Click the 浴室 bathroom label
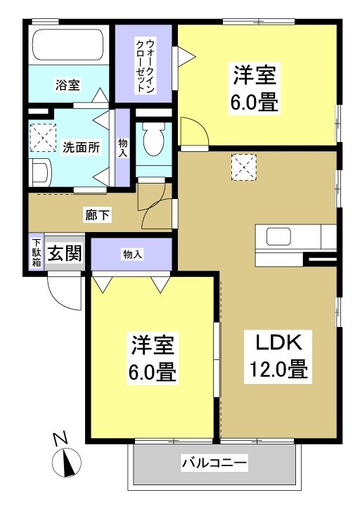(67, 85)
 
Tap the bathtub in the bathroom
(68, 45)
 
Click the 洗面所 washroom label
(81, 148)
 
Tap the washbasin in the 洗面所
(40, 173)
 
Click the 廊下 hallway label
(97, 215)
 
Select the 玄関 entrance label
(65, 253)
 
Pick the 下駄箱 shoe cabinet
(37, 252)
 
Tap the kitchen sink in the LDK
(278, 236)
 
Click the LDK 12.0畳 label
(278, 357)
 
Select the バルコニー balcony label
(214, 463)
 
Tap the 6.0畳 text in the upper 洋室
(255, 103)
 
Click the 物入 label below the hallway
(132, 255)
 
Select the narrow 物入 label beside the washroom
(123, 148)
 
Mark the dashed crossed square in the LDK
(243, 167)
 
